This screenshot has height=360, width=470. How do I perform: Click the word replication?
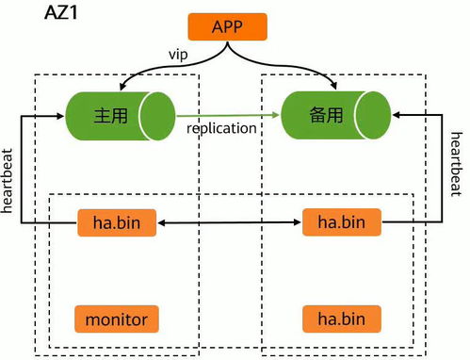(221, 128)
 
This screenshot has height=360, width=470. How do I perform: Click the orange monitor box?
(117, 319)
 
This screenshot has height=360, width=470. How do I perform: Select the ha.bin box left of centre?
(117, 223)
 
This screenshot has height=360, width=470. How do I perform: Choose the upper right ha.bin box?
(342, 223)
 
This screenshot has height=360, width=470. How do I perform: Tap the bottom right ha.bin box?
(342, 319)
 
